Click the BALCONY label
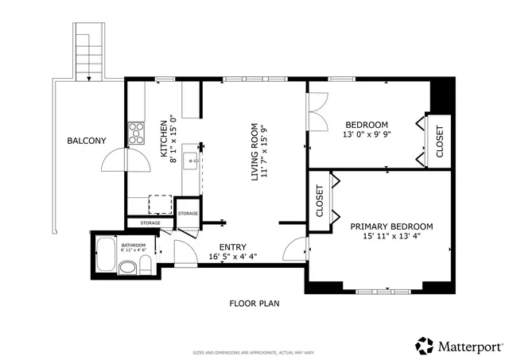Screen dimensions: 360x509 point(86,141)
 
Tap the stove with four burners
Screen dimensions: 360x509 point(135,132)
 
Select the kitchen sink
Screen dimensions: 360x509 point(191,162)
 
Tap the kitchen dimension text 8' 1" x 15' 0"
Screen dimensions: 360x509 point(174,142)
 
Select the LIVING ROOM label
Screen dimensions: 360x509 point(255,152)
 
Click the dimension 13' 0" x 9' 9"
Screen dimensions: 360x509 point(367,135)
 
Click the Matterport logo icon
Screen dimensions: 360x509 point(424,346)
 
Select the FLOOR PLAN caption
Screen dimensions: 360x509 point(254,303)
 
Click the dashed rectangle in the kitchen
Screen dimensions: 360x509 point(161,203)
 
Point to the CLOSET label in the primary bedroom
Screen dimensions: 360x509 point(320,202)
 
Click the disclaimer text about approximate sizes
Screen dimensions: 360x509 point(254,352)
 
